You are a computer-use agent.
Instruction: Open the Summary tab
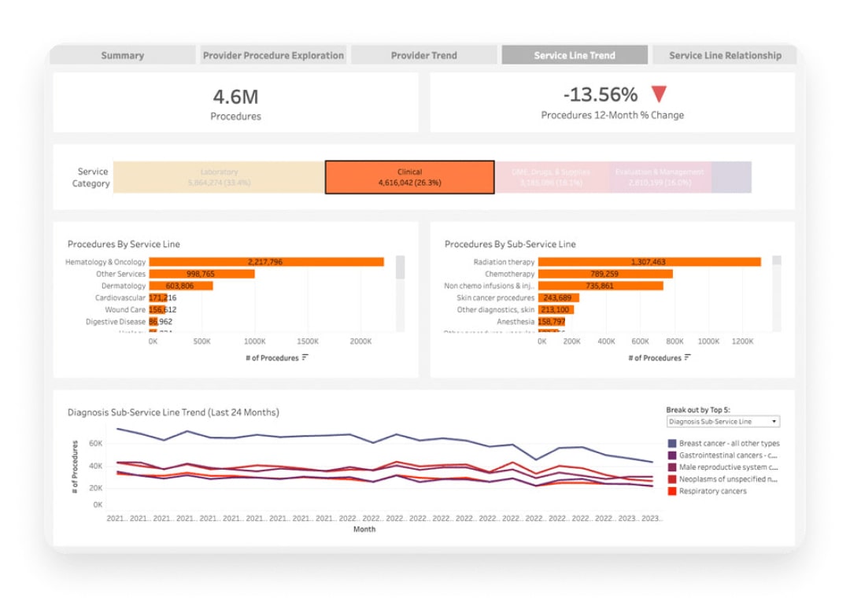tap(122, 55)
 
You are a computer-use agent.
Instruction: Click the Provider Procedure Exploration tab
tap(273, 55)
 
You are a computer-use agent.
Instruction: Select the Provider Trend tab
tap(423, 55)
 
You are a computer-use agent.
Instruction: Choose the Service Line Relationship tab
tap(725, 55)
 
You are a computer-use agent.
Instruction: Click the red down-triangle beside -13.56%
tap(659, 94)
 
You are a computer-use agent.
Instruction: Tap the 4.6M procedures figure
tap(235, 97)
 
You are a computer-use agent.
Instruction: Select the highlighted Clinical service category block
tap(409, 177)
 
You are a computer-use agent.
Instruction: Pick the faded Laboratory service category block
tap(219, 177)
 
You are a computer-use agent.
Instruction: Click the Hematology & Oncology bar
tap(266, 262)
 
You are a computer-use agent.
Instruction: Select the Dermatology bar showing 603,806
tap(180, 286)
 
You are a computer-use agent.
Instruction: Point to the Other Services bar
tap(201, 274)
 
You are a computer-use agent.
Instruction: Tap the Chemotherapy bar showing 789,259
tap(607, 274)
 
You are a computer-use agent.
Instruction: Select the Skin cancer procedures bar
tap(560, 298)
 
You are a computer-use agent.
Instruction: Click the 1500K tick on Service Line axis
tap(308, 342)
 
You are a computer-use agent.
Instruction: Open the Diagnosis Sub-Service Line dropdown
tap(722, 422)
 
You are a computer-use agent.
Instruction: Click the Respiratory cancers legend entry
tap(712, 491)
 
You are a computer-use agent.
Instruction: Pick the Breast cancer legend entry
tap(728, 444)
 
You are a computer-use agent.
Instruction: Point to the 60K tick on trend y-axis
tap(95, 444)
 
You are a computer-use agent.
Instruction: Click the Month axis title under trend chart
tap(364, 530)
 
